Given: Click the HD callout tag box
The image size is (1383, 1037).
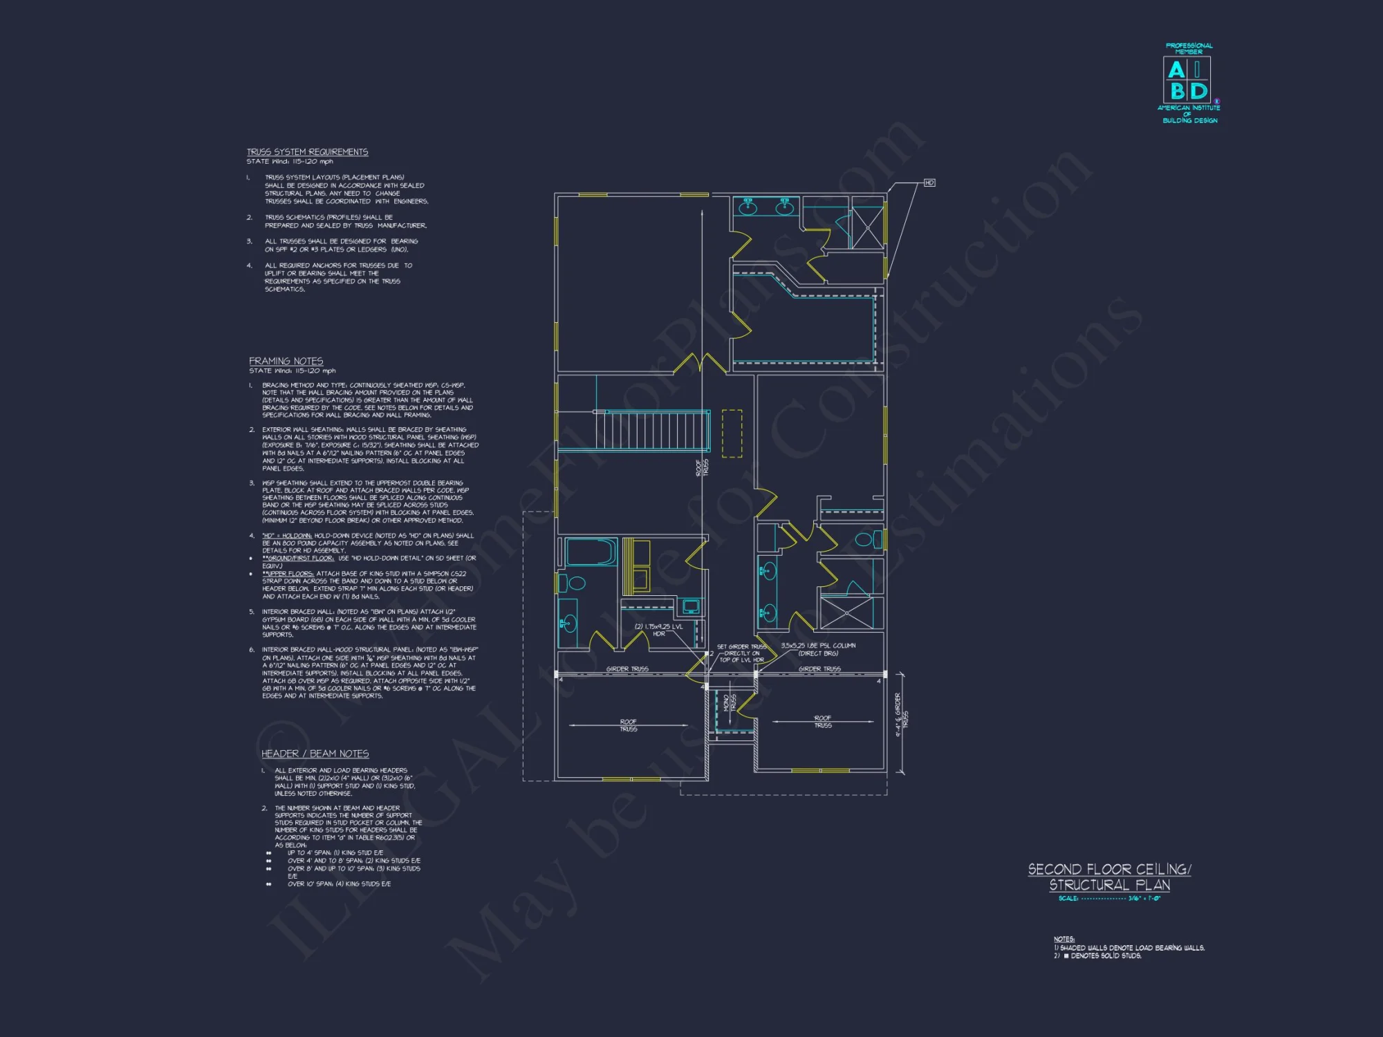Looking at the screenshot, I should click(929, 183).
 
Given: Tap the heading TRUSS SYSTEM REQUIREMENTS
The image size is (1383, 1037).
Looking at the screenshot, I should click(307, 152).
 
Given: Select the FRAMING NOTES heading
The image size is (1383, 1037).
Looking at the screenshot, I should click(286, 361).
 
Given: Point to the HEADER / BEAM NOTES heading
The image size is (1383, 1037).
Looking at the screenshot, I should click(315, 754).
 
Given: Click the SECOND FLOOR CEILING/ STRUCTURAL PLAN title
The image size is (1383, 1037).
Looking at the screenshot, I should click(1109, 877).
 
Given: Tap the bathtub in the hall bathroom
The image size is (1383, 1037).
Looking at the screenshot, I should click(591, 552).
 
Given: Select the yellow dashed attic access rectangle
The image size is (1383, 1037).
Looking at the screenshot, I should click(732, 433).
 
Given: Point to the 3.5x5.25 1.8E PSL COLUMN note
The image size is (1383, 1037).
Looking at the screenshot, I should click(818, 649).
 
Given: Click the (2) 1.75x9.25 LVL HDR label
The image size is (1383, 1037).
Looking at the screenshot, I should click(658, 630).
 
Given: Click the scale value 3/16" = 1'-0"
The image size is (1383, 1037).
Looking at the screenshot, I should click(1144, 899).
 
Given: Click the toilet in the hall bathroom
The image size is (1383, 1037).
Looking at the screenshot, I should click(575, 583).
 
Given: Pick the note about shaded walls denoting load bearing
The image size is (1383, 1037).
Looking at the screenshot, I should click(1129, 948).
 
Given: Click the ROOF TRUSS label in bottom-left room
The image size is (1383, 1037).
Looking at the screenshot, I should click(628, 725).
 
